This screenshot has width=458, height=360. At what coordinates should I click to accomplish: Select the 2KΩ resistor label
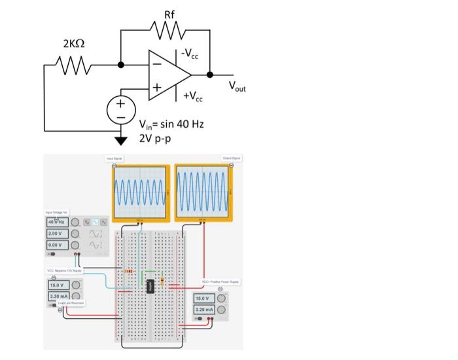pyautogui.click(x=75, y=43)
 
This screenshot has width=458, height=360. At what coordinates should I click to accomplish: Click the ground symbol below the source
pyautogui.click(x=121, y=139)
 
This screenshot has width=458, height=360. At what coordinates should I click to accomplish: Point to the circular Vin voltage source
pyautogui.click(x=121, y=109)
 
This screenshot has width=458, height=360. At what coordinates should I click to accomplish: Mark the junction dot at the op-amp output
pyautogui.click(x=210, y=74)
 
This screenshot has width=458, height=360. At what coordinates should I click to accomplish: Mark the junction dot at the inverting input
pyautogui.click(x=121, y=65)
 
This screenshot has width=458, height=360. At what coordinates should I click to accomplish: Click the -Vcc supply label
pyautogui.click(x=192, y=56)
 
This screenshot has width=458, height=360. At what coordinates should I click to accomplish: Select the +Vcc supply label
pyautogui.click(x=192, y=96)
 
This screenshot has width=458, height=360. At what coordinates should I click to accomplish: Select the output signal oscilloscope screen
pyautogui.click(x=203, y=190)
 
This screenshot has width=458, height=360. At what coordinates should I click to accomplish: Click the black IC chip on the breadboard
pyautogui.click(x=150, y=286)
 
